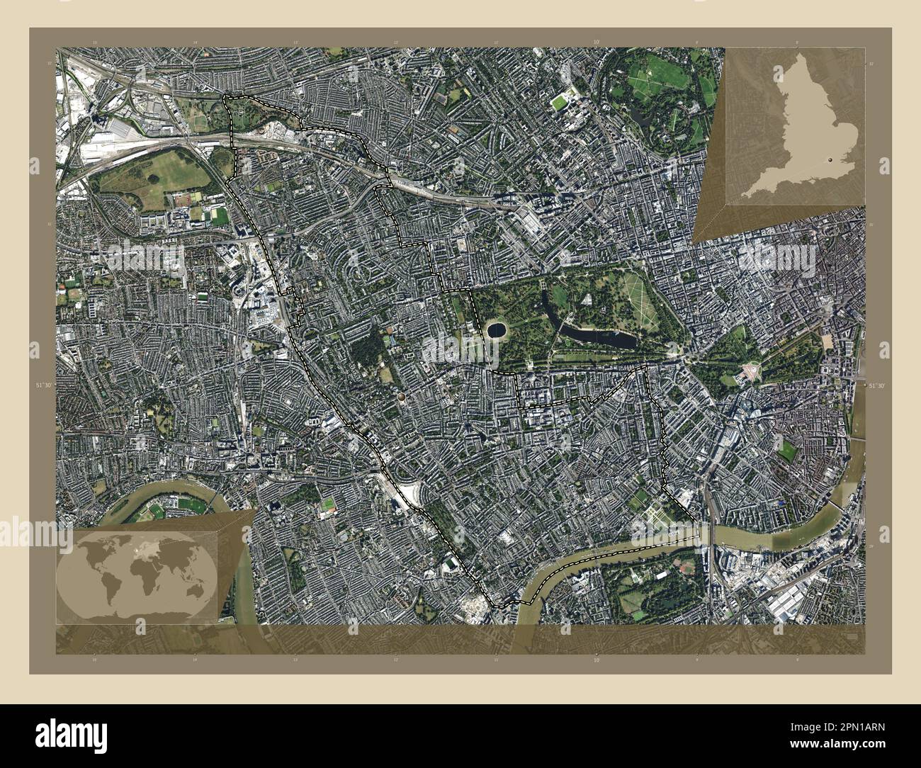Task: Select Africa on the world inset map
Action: click(139, 572)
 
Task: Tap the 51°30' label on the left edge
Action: click(44, 385)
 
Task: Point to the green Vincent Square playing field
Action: click(787, 448)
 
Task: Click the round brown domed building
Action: click(402, 399)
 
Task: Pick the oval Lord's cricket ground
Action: click(561, 102)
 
